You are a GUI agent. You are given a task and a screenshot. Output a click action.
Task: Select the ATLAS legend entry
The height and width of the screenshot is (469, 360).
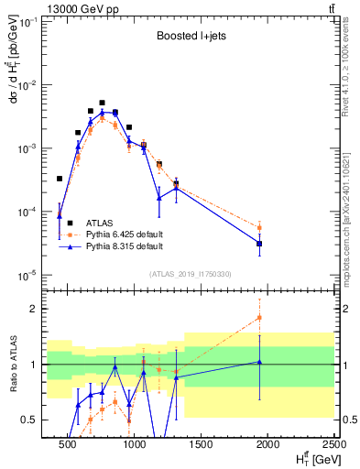point(100,223)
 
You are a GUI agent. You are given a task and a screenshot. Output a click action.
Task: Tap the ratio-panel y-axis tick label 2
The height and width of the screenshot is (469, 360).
point(38,309)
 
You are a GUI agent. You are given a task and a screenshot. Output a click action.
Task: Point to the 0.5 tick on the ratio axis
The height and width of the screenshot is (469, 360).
point(34,420)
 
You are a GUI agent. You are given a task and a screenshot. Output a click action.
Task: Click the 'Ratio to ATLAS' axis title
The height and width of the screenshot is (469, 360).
point(12,365)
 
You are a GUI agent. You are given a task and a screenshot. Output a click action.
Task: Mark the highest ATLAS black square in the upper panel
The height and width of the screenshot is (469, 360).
point(102,103)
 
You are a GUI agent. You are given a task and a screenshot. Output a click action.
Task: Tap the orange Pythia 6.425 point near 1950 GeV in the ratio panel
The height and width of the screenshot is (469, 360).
point(259,318)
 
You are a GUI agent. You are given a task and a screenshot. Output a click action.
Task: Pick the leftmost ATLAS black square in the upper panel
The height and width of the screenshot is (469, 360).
point(60,179)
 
